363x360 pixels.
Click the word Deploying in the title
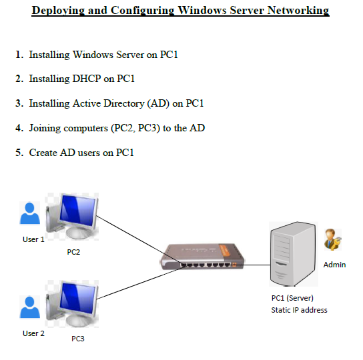tap(59, 11)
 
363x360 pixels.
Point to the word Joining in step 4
tap(45, 127)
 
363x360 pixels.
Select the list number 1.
tap(19, 55)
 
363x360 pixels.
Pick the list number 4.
tap(19, 127)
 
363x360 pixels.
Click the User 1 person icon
tap(30, 215)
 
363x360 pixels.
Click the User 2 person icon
tap(30, 309)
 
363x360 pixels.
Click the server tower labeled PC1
tap(292, 253)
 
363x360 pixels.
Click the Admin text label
tap(334, 265)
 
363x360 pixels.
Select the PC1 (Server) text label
tap(292, 298)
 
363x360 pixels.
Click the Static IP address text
tap(299, 310)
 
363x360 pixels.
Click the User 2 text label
tap(33, 333)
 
